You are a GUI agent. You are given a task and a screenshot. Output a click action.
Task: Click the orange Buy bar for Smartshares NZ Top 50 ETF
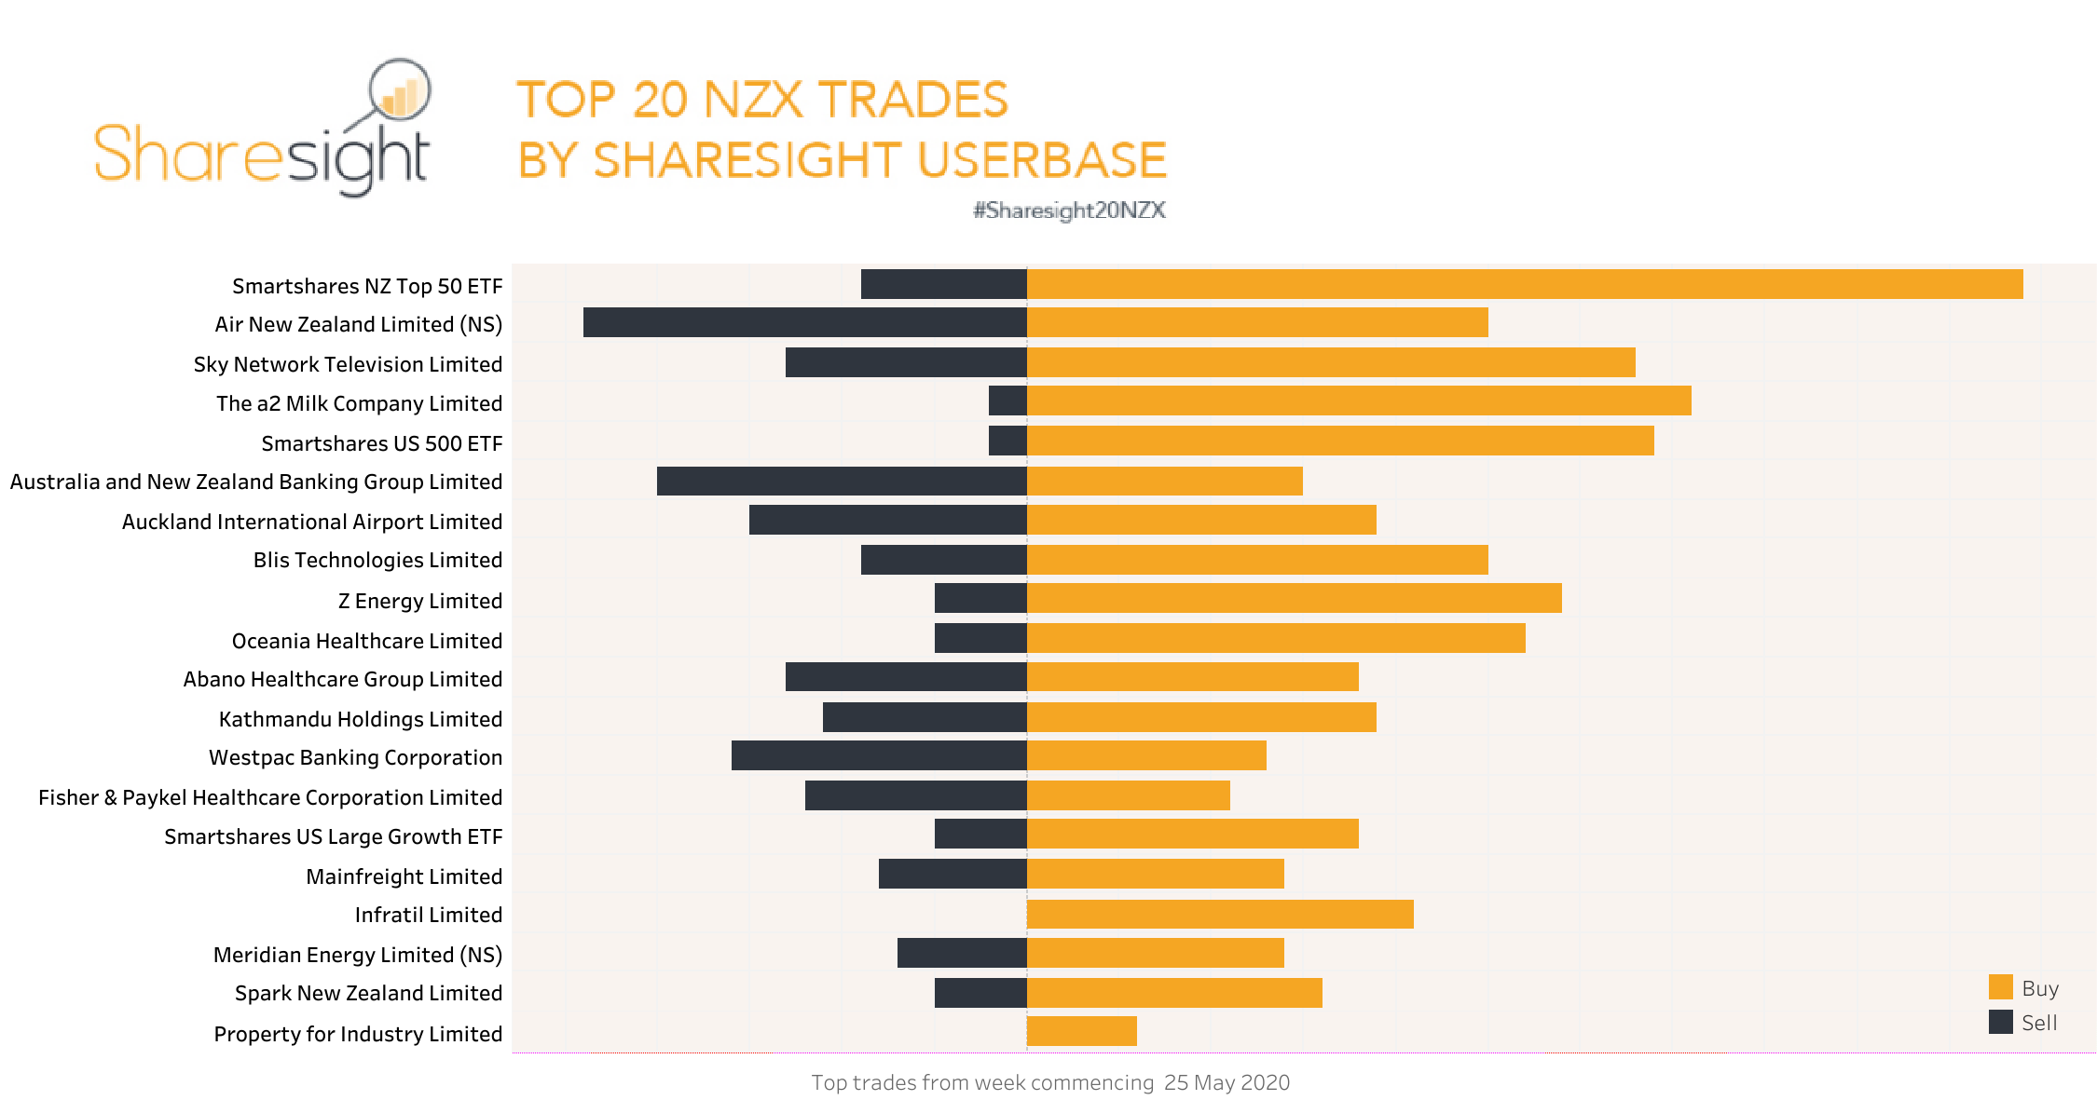click(1524, 284)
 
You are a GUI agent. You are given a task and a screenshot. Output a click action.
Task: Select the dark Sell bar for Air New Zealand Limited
click(804, 322)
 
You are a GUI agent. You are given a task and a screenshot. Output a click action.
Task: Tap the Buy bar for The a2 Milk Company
click(1358, 401)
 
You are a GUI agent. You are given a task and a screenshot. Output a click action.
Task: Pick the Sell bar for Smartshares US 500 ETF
click(1007, 441)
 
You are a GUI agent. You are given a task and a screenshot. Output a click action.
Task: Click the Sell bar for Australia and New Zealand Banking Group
click(842, 481)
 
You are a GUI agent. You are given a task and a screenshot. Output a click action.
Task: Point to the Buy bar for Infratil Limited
click(1219, 914)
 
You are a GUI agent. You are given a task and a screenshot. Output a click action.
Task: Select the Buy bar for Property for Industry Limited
click(1081, 1031)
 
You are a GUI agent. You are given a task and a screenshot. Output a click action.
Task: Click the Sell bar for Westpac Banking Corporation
click(879, 755)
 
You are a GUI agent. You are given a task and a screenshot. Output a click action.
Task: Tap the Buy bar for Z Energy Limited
click(1294, 598)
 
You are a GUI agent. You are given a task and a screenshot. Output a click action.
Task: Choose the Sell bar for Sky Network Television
click(906, 362)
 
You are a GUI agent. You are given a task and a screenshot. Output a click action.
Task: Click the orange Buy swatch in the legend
click(2000, 987)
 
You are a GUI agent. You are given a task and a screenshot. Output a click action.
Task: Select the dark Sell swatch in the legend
click(2000, 1022)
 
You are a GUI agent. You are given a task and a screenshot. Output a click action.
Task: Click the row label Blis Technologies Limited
click(377, 560)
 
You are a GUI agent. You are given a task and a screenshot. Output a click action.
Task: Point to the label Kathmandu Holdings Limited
click(360, 719)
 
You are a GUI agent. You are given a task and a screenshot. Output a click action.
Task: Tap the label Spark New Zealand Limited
click(368, 993)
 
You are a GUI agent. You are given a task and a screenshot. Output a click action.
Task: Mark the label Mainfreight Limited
click(404, 876)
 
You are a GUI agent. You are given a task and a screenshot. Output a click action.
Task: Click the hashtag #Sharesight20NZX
click(1069, 210)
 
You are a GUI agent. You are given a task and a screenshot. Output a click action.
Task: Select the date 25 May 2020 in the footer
click(1227, 1082)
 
